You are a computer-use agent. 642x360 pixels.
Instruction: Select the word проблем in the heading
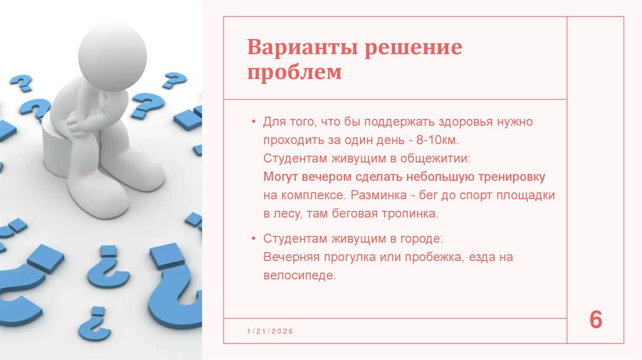[x=295, y=71]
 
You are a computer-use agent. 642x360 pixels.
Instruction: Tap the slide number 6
[x=596, y=320]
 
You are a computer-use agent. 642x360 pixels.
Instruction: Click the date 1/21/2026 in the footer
[x=270, y=331]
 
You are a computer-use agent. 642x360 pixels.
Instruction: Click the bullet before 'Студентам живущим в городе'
[x=253, y=239]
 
